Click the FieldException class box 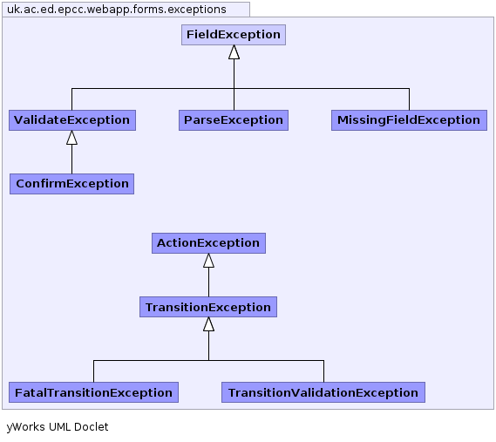tap(234, 35)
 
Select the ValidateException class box tap(72, 120)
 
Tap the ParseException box tap(234, 120)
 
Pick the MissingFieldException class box tap(409, 120)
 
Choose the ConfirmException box tap(71, 184)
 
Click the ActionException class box tap(208, 243)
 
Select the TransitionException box tap(208, 307)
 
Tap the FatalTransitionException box tap(93, 392)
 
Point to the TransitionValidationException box tap(323, 392)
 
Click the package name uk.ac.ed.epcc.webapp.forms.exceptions tap(117, 10)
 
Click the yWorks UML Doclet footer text tap(58, 427)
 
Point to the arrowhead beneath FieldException tap(234, 52)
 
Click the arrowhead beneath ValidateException tap(71, 138)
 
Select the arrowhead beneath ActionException tap(209, 261)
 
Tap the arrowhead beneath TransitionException tap(209, 324)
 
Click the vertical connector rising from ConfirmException tap(71, 160)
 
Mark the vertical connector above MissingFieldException tap(409, 99)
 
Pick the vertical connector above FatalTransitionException tap(93, 371)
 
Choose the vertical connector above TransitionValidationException tap(323, 371)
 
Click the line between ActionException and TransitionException tap(209, 282)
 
